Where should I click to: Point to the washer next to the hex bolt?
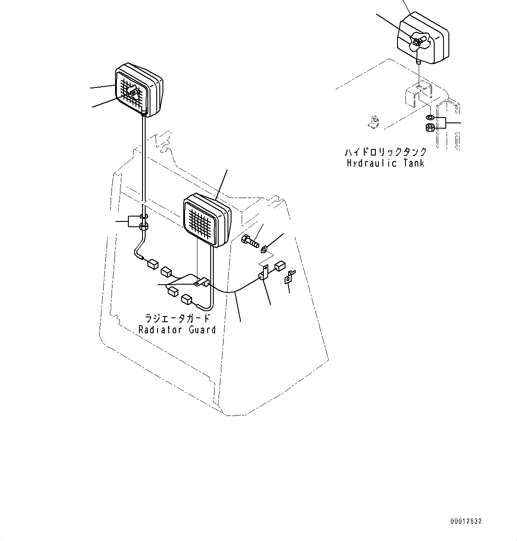tap(264, 250)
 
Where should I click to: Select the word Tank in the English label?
tap(413, 163)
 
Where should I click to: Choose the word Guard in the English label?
tap(202, 330)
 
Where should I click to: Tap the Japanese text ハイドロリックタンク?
tap(386, 152)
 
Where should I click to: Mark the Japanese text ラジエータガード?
tap(177, 319)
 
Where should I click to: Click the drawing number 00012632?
tap(466, 521)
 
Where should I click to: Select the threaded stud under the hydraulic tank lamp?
tap(418, 63)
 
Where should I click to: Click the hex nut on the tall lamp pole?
tap(144, 227)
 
